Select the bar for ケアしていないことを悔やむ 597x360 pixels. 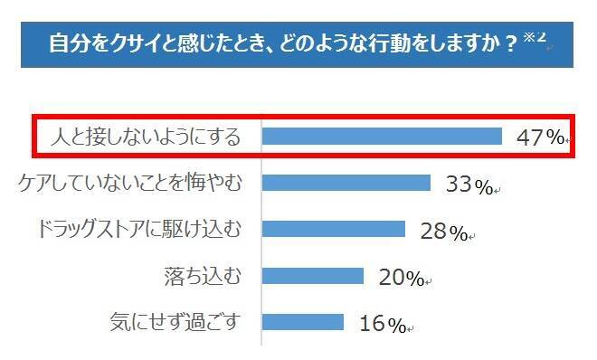tap(346, 184)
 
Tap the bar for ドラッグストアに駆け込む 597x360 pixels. tap(333, 230)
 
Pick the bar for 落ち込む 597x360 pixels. tap(312, 276)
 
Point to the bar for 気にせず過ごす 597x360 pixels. tap(302, 322)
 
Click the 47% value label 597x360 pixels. tap(541, 137)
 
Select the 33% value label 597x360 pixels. tap(469, 185)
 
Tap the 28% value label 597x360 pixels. tap(444, 232)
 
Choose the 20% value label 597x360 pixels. tap(402, 278)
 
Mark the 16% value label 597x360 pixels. tap(383, 324)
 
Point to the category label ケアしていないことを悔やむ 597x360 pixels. tap(131, 183)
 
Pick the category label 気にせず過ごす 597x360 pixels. tap(175, 321)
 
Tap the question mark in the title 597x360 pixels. tap(512, 44)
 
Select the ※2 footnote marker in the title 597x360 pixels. tap(535, 36)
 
